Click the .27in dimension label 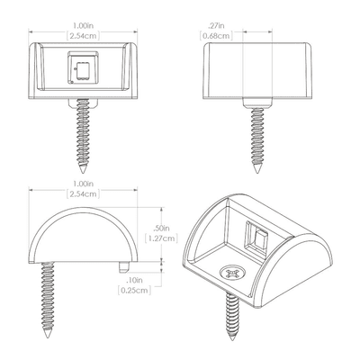pyautogui.click(x=216, y=25)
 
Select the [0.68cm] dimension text pyautogui.click(x=216, y=36)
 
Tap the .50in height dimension pyautogui.click(x=161, y=229)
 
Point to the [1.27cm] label pyautogui.click(x=161, y=238)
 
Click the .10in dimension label pyautogui.click(x=134, y=280)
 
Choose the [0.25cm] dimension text pyautogui.click(x=134, y=291)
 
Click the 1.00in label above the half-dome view pyautogui.click(x=83, y=184)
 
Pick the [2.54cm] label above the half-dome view pyautogui.click(x=83, y=193)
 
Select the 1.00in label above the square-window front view pyautogui.click(x=83, y=25)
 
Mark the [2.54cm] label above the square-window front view pyautogui.click(x=83, y=36)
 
